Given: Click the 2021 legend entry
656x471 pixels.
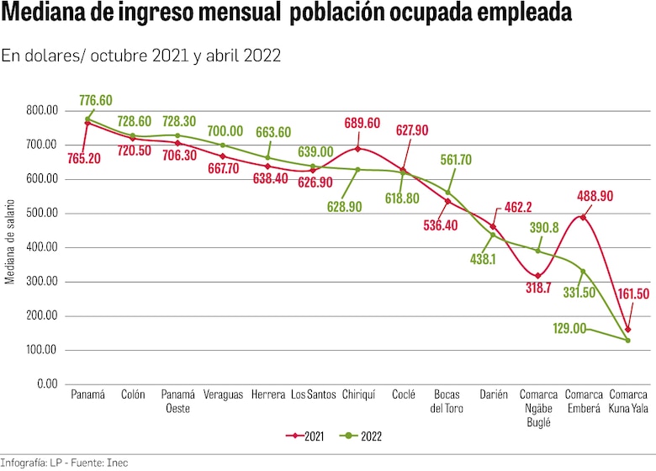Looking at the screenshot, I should (306, 437).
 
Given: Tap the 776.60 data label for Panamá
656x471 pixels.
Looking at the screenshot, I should (95, 100).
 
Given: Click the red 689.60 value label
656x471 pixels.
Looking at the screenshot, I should (362, 124).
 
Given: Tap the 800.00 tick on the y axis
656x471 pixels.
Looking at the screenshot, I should (42, 110).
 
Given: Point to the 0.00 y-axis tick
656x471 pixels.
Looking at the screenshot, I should (47, 384).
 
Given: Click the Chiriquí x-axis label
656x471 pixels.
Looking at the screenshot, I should (358, 394).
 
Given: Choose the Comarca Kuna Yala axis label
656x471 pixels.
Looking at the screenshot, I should (628, 401).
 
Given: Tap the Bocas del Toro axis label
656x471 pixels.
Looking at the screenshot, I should (448, 401).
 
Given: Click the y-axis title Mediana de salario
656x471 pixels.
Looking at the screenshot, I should (11, 241).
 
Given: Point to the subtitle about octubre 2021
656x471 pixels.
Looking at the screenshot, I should (140, 56).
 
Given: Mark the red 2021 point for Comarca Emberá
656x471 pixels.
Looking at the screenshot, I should (583, 217).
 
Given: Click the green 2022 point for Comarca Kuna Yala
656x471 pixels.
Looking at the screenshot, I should (627, 340).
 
